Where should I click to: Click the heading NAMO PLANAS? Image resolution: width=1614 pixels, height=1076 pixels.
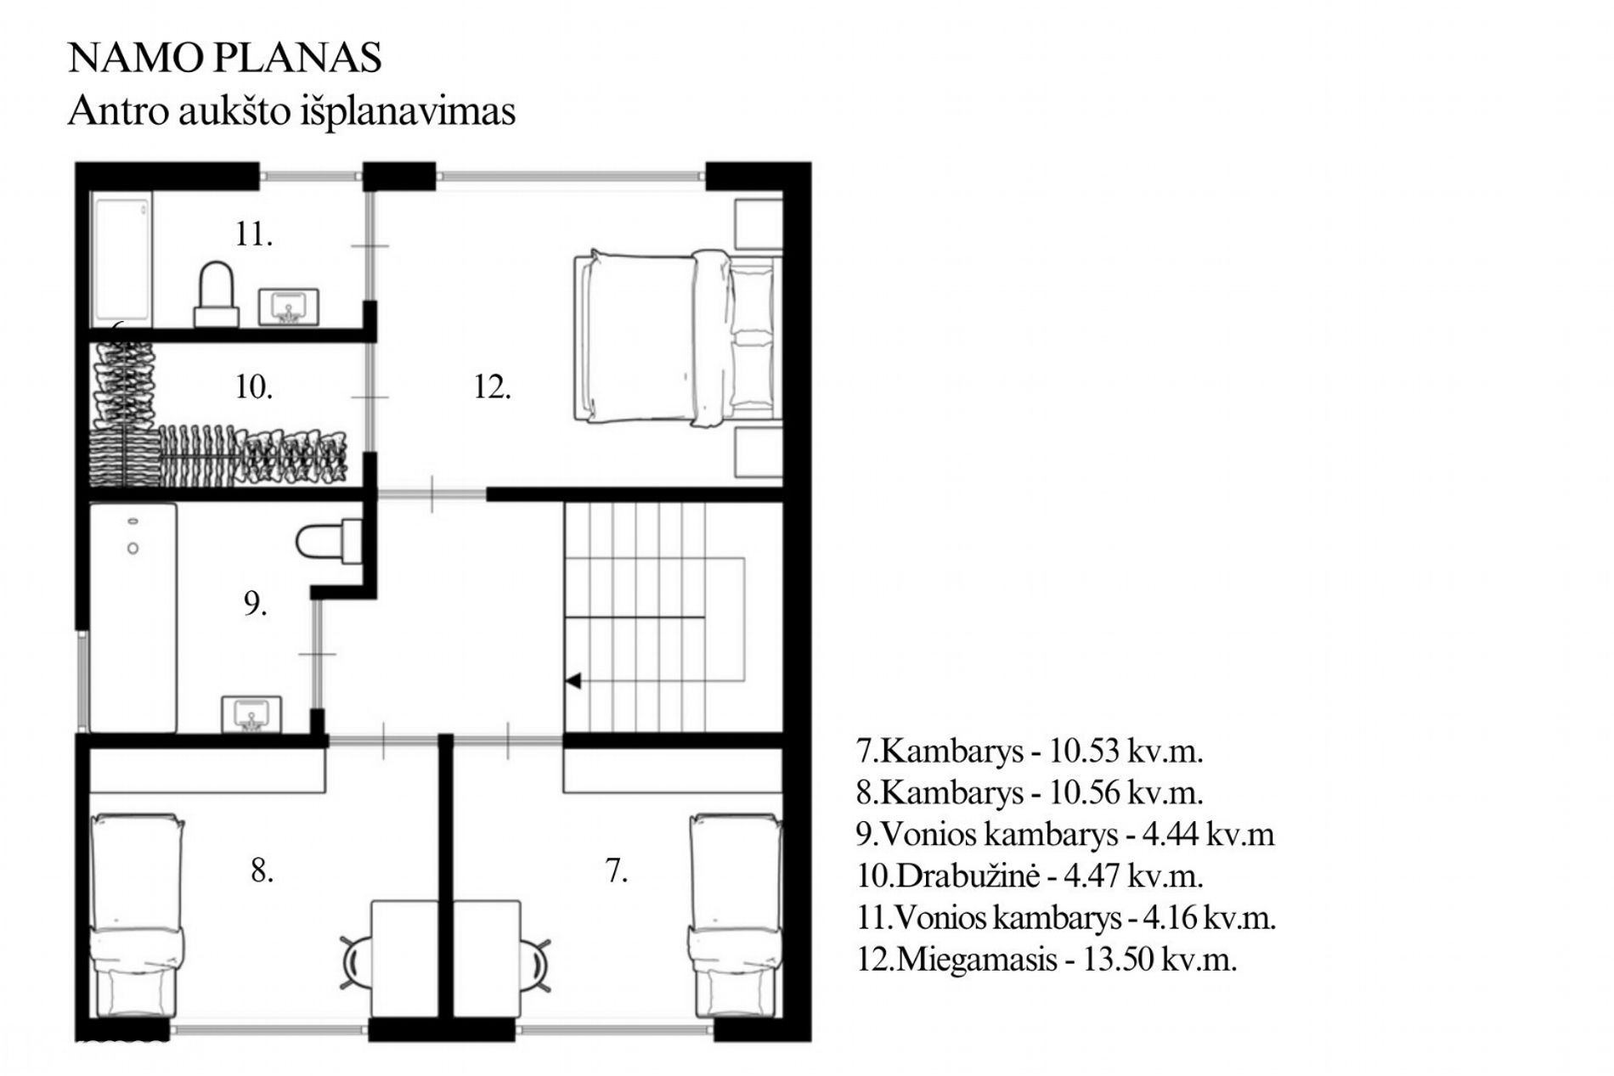[x=224, y=58]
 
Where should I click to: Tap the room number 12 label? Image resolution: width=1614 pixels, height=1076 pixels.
[x=492, y=387]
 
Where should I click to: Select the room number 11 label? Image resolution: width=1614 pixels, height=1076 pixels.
[x=253, y=234]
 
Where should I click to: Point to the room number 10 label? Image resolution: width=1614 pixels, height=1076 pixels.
[x=253, y=387]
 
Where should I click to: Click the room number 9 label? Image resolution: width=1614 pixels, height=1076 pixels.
[x=255, y=604]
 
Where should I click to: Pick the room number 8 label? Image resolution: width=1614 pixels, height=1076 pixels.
[x=262, y=870]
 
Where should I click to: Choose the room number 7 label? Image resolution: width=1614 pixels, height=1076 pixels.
[x=616, y=870]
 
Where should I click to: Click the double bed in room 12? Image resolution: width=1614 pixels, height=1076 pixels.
[x=678, y=337]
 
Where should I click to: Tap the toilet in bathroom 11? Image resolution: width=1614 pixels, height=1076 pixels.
[x=217, y=294]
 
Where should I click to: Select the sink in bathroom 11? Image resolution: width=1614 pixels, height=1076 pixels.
[x=288, y=307]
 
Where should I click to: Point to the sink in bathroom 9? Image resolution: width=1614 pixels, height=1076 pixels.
[x=251, y=714]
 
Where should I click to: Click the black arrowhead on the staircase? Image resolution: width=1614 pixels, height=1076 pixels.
[x=573, y=681]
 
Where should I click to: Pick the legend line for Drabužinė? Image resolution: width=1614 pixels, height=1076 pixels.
[x=1030, y=876]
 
